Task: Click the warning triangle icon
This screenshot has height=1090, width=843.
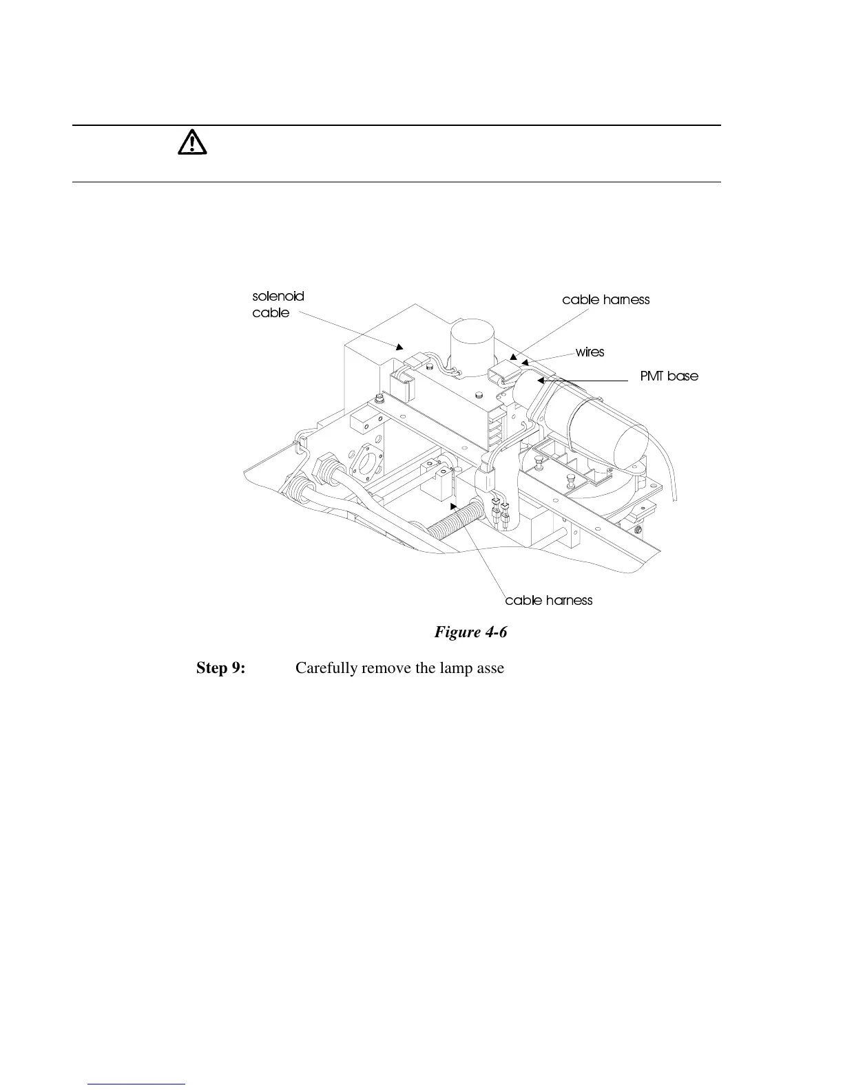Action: pos(192,142)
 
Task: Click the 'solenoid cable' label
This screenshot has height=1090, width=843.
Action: pos(278,304)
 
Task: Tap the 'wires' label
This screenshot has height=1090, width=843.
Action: pos(590,352)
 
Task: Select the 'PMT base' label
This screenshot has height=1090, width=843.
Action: pos(669,376)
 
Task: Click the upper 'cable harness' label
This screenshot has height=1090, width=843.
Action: pos(605,300)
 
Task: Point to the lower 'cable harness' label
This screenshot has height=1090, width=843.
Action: pos(548,601)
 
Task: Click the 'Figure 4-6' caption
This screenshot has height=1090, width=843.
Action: pos(470,632)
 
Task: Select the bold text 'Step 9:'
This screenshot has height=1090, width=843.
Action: pos(220,668)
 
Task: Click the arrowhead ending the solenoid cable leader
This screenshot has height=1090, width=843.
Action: pos(399,347)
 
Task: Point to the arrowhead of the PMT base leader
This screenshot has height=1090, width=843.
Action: pos(541,379)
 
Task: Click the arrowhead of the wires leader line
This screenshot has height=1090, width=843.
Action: pos(525,362)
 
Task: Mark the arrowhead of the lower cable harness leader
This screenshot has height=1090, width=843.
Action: pos(452,506)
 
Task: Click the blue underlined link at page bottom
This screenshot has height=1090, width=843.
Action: pos(137,1084)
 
